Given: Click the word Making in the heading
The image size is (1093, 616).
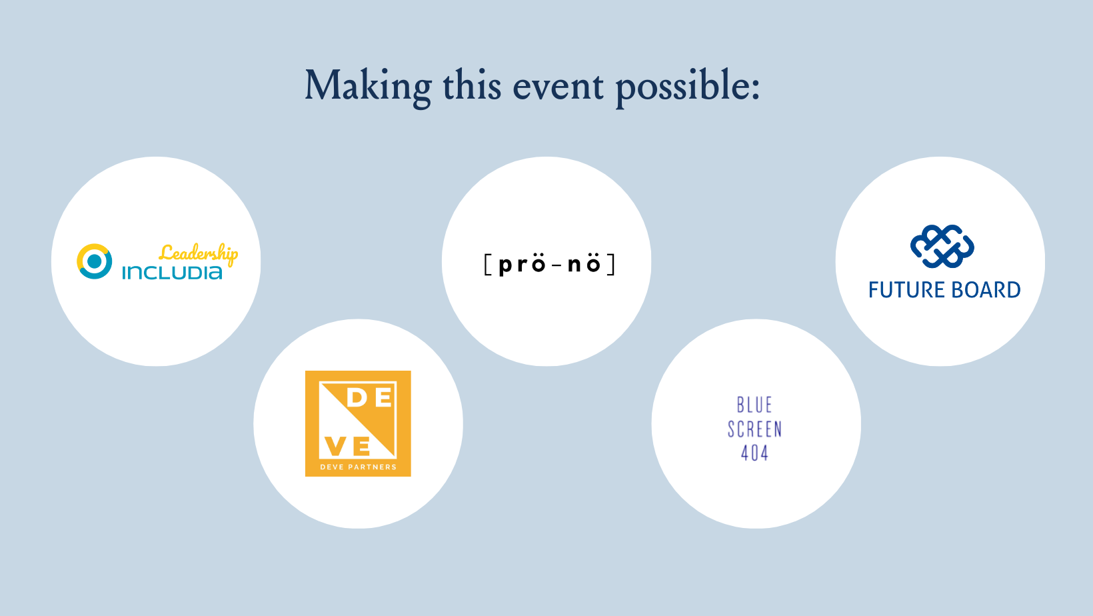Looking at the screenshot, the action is tap(369, 87).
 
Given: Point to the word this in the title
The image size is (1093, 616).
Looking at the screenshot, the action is tap(472, 85).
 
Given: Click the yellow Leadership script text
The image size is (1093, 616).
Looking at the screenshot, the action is tap(199, 254).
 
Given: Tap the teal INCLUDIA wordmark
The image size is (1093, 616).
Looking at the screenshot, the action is tap(172, 273).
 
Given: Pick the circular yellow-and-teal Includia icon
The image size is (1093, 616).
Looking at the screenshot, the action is tap(94, 261).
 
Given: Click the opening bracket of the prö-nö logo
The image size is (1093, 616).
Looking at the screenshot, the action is tap(487, 265).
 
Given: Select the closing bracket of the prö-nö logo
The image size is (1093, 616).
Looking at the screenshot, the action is tap(611, 265).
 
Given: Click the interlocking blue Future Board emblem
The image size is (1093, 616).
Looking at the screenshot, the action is tap(942, 247).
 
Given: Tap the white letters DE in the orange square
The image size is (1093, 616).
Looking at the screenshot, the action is tap(369, 398).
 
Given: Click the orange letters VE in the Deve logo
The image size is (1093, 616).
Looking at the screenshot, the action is tap(347, 445).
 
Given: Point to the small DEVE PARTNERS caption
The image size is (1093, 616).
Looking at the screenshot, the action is tap(358, 467).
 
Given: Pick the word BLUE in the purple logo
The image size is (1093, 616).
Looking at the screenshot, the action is tap(754, 405).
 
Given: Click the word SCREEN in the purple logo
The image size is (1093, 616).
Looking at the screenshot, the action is tap(755, 429).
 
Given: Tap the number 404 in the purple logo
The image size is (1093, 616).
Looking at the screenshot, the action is tap(755, 453).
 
